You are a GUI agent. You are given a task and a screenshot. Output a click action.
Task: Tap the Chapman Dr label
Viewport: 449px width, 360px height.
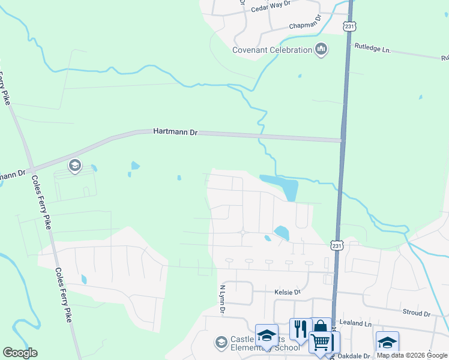(x=306, y=26)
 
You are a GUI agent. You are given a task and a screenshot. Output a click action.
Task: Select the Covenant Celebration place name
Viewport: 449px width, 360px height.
(x=273, y=50)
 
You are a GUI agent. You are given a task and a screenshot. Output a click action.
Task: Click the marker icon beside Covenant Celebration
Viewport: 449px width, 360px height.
(x=321, y=49)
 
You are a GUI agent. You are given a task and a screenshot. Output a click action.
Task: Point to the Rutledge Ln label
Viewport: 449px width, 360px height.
(x=373, y=48)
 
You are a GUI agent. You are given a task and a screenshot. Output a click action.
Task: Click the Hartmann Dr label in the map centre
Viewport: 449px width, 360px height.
(x=175, y=131)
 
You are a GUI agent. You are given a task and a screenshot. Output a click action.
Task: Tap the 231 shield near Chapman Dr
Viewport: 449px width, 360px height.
(x=350, y=26)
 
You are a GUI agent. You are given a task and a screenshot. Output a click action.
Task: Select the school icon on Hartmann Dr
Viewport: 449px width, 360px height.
(x=74, y=165)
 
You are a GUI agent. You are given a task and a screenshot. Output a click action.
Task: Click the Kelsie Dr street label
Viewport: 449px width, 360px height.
(x=287, y=292)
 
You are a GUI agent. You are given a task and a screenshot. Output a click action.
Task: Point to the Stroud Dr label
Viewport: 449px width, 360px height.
(x=418, y=314)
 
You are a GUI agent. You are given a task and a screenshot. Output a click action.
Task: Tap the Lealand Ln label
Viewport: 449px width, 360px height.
(x=355, y=323)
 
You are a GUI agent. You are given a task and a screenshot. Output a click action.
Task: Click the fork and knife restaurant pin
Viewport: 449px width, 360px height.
(x=300, y=328)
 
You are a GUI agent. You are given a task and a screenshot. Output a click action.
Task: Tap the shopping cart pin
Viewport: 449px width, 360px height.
(x=321, y=342)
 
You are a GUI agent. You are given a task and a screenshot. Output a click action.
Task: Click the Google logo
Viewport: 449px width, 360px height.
(x=20, y=353)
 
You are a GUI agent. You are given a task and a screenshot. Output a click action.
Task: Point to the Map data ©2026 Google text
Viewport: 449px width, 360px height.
(x=412, y=355)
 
